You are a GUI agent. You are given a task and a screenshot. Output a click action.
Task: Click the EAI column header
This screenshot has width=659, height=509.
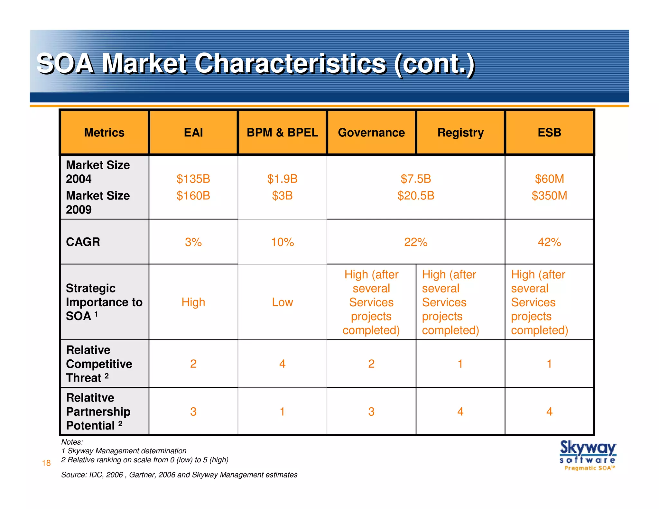click(193, 133)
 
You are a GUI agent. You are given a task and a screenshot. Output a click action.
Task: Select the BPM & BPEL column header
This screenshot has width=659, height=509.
click(282, 133)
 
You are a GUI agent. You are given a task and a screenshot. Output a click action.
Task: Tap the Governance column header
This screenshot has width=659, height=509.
click(371, 133)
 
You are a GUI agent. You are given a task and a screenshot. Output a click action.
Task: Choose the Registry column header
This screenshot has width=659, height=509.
click(460, 133)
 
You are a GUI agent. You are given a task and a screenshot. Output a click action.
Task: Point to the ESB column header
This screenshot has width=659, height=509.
click(549, 133)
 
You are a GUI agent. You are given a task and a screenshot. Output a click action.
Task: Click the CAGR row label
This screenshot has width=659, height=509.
click(83, 242)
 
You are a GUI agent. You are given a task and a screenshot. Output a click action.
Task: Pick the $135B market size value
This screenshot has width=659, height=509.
click(193, 179)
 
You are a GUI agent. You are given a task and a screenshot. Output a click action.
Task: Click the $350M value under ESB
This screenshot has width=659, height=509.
click(549, 196)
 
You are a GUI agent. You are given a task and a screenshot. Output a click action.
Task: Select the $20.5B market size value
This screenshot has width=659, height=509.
click(416, 196)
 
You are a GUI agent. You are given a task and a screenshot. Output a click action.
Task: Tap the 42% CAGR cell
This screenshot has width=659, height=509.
click(549, 242)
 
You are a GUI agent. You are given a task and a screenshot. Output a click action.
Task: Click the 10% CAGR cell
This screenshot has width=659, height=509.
click(282, 242)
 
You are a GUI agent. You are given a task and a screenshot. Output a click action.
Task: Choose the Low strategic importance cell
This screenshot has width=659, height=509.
click(282, 302)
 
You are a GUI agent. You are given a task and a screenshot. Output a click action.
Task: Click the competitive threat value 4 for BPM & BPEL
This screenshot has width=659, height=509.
click(282, 364)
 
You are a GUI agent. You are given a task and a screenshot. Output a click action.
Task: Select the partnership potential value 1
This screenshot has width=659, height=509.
click(282, 412)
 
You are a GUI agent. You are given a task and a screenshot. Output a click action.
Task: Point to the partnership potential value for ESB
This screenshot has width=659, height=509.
click(549, 412)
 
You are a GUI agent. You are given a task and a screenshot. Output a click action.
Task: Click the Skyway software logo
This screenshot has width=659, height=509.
click(588, 455)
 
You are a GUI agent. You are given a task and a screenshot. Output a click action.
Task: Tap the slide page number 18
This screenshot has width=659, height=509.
click(46, 463)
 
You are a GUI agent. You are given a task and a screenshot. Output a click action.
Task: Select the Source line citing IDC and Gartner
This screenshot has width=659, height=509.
click(179, 475)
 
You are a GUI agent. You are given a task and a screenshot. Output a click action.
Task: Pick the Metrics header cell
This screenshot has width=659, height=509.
click(104, 133)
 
